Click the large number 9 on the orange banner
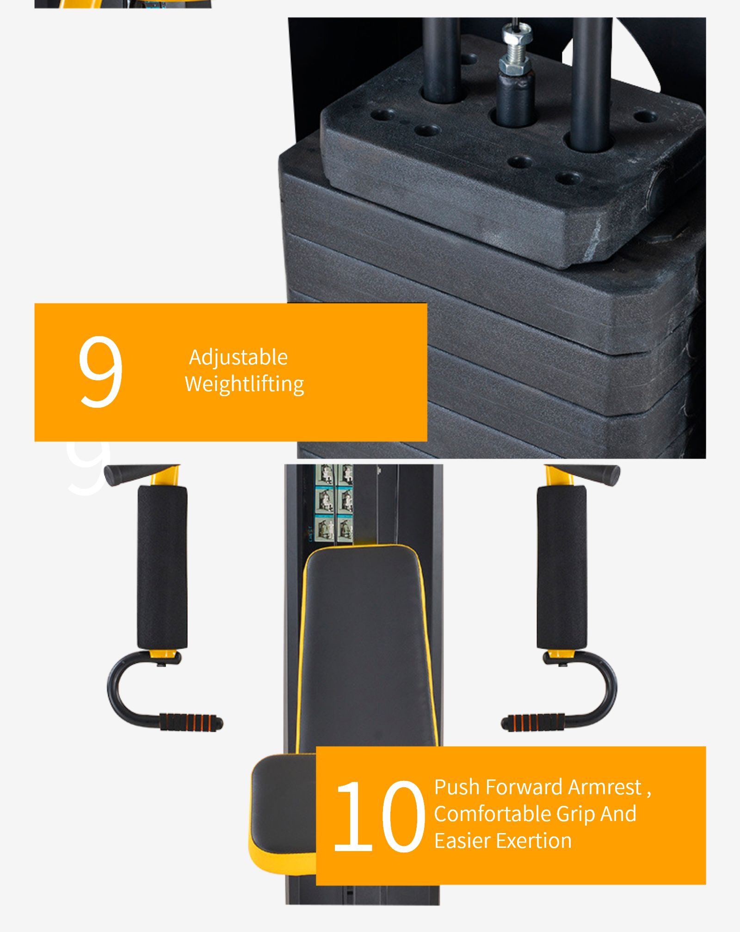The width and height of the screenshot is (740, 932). (x=100, y=372)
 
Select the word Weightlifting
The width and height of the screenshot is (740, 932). (x=244, y=384)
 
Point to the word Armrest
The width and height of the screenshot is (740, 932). (x=605, y=787)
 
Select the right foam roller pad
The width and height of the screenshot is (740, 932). (x=561, y=567)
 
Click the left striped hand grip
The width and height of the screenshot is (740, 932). (x=191, y=722)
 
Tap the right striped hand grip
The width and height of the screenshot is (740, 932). (x=533, y=722)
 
